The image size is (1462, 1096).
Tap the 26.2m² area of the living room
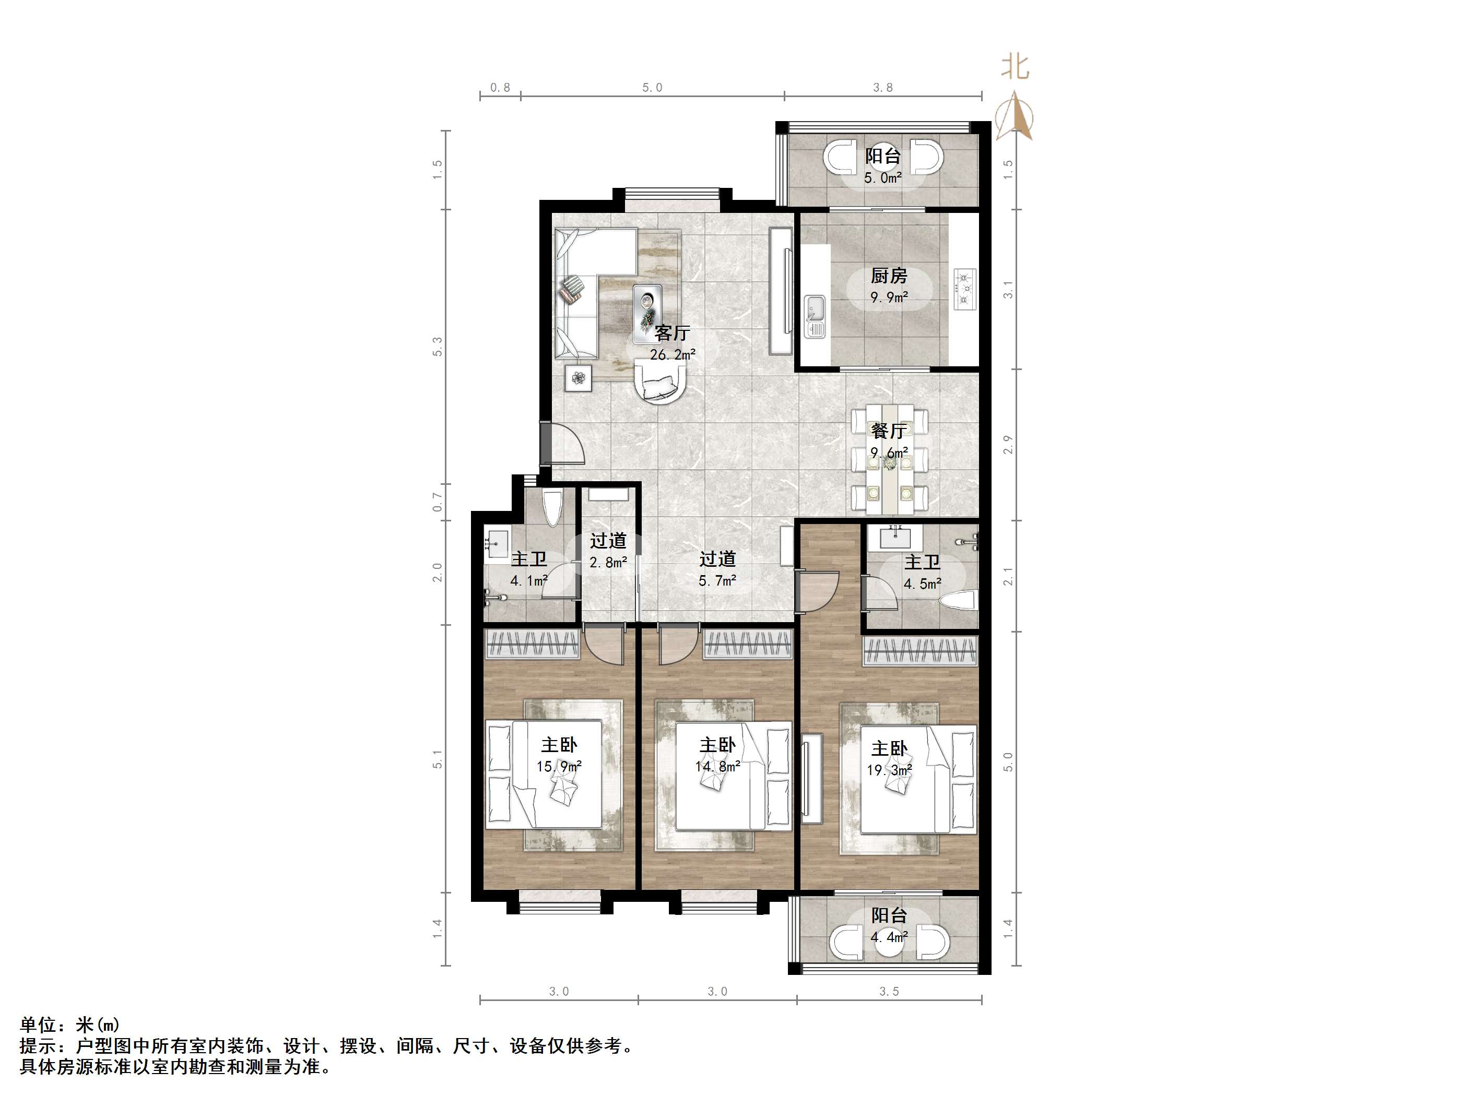point(672,355)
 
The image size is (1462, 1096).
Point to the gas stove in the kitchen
point(965,289)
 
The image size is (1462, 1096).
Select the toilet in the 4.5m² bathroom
point(957,601)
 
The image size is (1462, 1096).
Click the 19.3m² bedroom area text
point(889,770)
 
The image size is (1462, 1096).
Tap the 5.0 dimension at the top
point(652,88)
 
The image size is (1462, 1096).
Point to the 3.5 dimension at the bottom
point(889,992)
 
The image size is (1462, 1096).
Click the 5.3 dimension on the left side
point(438,347)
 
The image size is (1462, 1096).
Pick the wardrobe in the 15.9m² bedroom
point(532,644)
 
